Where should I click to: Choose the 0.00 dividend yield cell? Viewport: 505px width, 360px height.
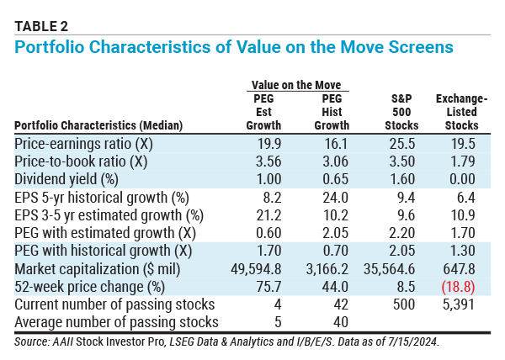[x=471, y=177]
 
